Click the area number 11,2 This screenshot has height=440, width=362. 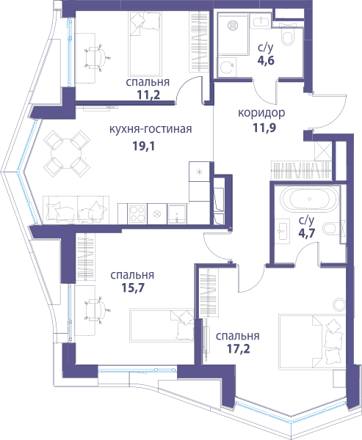click(x=148, y=95)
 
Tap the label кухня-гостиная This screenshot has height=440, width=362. click(x=151, y=129)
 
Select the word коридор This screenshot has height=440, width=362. click(x=261, y=113)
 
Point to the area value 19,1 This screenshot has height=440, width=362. click(x=144, y=146)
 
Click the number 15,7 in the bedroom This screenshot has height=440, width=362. click(x=133, y=287)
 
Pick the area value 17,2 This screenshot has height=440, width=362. click(x=238, y=349)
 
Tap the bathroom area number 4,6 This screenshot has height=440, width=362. click(x=266, y=60)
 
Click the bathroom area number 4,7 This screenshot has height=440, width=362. click(x=306, y=233)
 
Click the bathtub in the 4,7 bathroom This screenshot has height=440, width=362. click(x=310, y=199)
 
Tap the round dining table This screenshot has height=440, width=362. click(x=67, y=153)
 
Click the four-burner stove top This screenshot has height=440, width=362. click(x=137, y=214)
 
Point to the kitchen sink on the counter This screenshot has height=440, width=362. click(x=177, y=214)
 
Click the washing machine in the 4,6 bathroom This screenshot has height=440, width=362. click(x=227, y=67)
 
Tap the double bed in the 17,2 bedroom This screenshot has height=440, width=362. click(x=312, y=342)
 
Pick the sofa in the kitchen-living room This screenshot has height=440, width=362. click(x=76, y=210)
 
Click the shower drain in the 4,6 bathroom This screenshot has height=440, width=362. click(x=233, y=26)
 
